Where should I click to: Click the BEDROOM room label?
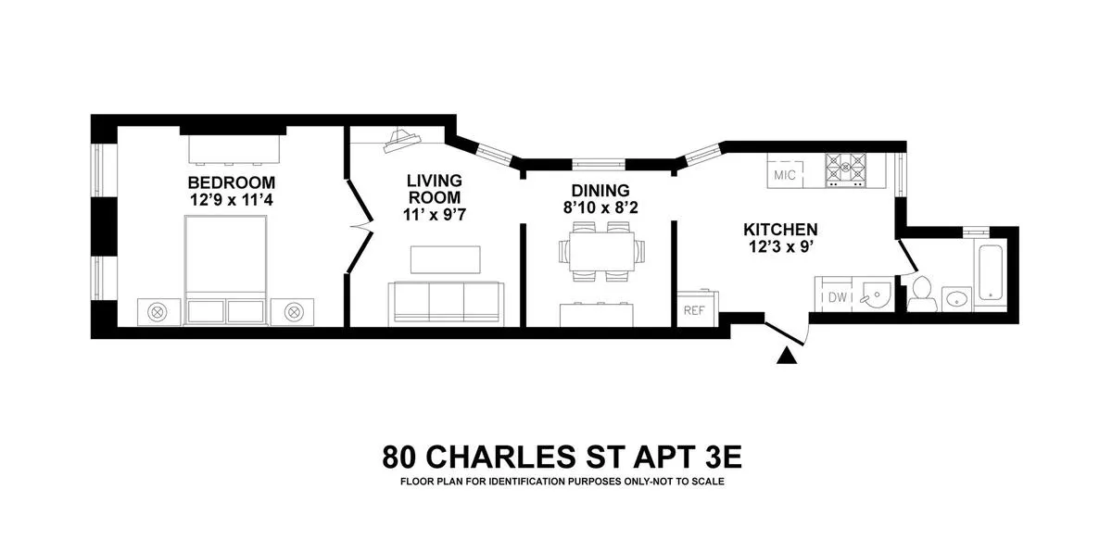click(231, 181)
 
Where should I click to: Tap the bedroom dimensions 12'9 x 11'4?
click(231, 197)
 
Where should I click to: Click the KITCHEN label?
click(780, 230)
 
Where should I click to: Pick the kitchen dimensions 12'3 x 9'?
click(780, 247)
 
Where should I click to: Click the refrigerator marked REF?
click(694, 309)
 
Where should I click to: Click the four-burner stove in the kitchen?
click(849, 169)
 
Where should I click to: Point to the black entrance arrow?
click(788, 354)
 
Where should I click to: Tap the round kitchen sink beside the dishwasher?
click(874, 295)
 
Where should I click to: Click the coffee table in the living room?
click(446, 260)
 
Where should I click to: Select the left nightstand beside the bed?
click(158, 311)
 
